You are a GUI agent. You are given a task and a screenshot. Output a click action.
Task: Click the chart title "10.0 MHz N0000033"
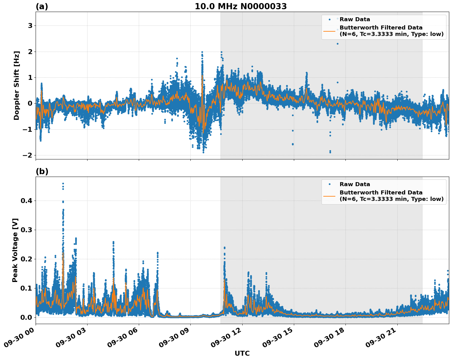(x=241, y=6)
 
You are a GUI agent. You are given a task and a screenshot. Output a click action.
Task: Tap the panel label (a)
(x=42, y=6)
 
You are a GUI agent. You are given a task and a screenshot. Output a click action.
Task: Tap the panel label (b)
(x=42, y=171)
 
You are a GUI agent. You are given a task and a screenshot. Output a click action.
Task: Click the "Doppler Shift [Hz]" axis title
(x=17, y=85)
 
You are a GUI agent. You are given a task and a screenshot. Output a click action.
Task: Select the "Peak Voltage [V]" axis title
(x=15, y=250)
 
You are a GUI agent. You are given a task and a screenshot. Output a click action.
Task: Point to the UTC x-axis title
(x=242, y=353)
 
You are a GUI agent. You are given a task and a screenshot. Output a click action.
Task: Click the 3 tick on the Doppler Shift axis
(x=30, y=26)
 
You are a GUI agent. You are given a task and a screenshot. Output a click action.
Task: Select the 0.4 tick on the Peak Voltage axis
(x=27, y=201)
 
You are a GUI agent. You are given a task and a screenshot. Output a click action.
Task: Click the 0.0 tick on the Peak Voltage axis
(x=27, y=317)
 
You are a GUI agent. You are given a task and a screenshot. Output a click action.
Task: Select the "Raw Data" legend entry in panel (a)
(x=355, y=19)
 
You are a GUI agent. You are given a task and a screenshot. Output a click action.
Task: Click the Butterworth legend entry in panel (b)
(x=391, y=196)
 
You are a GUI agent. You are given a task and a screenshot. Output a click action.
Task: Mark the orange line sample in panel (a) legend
(x=329, y=31)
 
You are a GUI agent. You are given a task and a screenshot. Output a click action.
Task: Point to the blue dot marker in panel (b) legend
(x=329, y=184)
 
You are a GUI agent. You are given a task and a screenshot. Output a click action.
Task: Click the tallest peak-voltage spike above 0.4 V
(x=63, y=184)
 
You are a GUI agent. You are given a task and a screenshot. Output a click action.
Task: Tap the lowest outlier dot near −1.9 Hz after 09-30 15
(x=330, y=152)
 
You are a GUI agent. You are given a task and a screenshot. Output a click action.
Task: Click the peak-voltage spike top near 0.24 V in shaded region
(x=224, y=247)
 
